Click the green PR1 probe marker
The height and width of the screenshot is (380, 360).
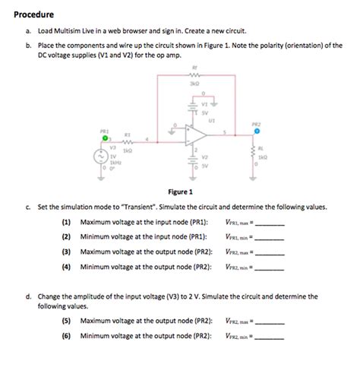[x=106, y=138]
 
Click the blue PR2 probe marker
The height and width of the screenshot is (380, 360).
[x=256, y=131]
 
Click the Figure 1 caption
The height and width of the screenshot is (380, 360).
[x=179, y=192]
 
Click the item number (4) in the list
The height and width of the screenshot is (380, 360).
[x=67, y=266]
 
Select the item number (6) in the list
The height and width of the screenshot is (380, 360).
[x=67, y=334]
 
